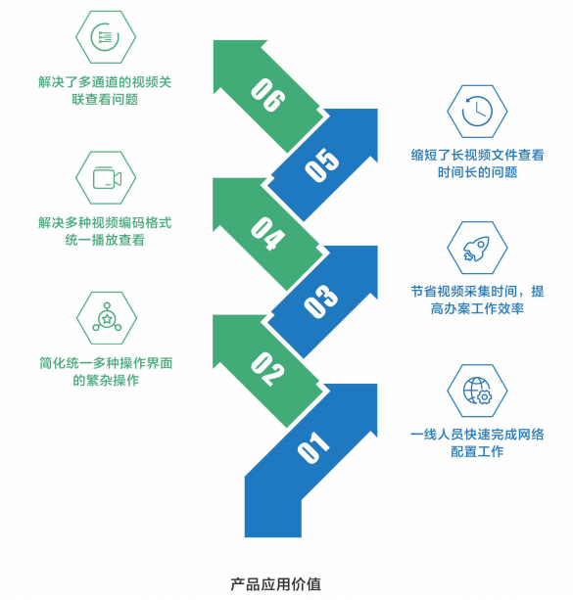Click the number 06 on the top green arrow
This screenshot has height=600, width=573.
coord(267,95)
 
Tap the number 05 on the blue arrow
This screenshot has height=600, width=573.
coord(321,164)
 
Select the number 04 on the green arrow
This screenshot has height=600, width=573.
coord(267,233)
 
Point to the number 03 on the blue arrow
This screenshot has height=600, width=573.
coord(321,301)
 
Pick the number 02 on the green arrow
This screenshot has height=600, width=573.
coord(267,369)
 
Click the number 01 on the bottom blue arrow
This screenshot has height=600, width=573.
coord(313,447)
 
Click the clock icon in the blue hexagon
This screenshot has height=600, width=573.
coord(477,112)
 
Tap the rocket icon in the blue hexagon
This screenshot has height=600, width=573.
coord(476,248)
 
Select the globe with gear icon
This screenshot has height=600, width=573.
coord(478,391)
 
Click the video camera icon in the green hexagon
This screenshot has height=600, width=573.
coord(107,177)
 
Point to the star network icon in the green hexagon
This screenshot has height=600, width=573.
coord(107,317)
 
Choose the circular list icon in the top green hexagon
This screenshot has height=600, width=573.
coord(105,37)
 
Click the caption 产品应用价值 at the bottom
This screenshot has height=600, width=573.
coord(276,584)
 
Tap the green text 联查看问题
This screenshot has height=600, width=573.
coord(105,100)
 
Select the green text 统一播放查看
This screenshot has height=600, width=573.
coord(105,240)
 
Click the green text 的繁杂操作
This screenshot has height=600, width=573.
coord(106,380)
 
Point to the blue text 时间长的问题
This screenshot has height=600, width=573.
coord(478,172)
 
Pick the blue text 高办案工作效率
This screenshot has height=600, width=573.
coord(477,308)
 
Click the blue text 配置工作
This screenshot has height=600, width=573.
coord(477,451)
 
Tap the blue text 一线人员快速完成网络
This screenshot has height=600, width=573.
coord(477,435)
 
